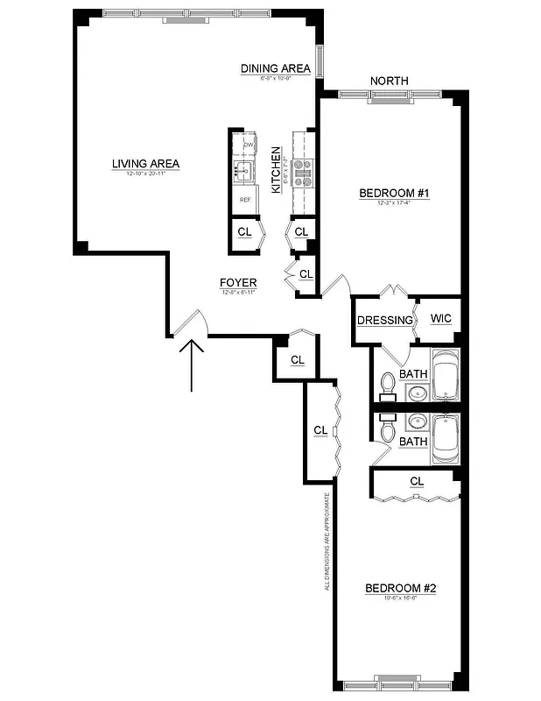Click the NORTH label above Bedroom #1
coord(390,81)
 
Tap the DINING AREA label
coord(275,68)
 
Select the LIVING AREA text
coord(145,163)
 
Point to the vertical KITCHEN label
coord(275,170)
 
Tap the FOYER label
coord(237,282)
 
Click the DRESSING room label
coord(384,320)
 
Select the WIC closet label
coord(440,318)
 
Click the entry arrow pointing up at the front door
coord(192,364)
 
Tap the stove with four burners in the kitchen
coord(303,172)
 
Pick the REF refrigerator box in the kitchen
coord(246,199)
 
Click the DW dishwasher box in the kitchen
coord(248,145)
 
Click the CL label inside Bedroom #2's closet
coord(416,481)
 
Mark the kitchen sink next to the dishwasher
coord(243,170)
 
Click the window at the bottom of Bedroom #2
coord(398,682)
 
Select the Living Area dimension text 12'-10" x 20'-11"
coord(145,174)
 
